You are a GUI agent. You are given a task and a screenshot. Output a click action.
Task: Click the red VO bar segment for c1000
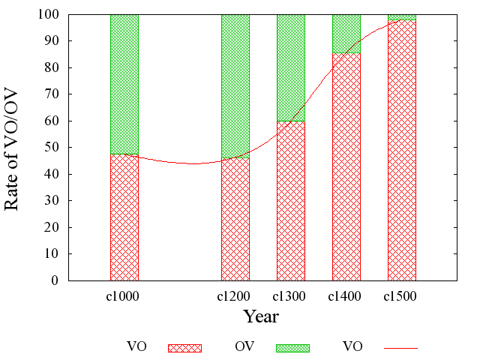click(124, 217)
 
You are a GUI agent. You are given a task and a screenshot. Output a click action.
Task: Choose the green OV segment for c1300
click(291, 67)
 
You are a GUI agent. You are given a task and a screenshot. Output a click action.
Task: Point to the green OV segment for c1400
click(346, 34)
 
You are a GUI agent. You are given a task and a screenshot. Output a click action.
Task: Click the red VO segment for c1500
click(402, 150)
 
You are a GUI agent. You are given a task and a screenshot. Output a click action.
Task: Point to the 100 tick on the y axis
click(50, 14)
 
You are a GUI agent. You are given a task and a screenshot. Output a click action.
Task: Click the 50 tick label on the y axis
click(53, 148)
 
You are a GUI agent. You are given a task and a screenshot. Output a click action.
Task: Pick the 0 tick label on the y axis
click(56, 280)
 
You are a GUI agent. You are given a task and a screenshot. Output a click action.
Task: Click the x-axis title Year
click(261, 316)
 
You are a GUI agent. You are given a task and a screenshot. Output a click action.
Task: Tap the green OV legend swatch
click(292, 347)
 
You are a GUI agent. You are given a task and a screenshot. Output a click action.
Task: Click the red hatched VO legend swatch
click(184, 347)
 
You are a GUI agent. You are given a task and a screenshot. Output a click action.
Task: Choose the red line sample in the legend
click(400, 348)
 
